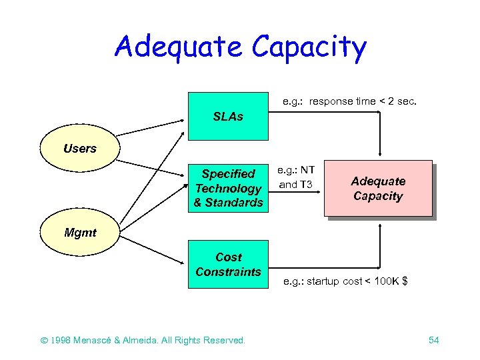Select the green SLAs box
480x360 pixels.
(228, 117)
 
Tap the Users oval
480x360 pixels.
(79, 148)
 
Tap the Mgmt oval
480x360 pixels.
(79, 233)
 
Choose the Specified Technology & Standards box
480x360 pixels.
(228, 188)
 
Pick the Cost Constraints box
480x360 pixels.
(228, 264)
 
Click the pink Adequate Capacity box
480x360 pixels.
(377, 189)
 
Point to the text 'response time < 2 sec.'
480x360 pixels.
(363, 101)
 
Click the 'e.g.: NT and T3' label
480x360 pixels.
(297, 177)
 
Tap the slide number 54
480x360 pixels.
(433, 340)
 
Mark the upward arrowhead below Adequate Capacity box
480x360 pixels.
(379, 226)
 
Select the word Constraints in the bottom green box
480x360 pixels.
(228, 271)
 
